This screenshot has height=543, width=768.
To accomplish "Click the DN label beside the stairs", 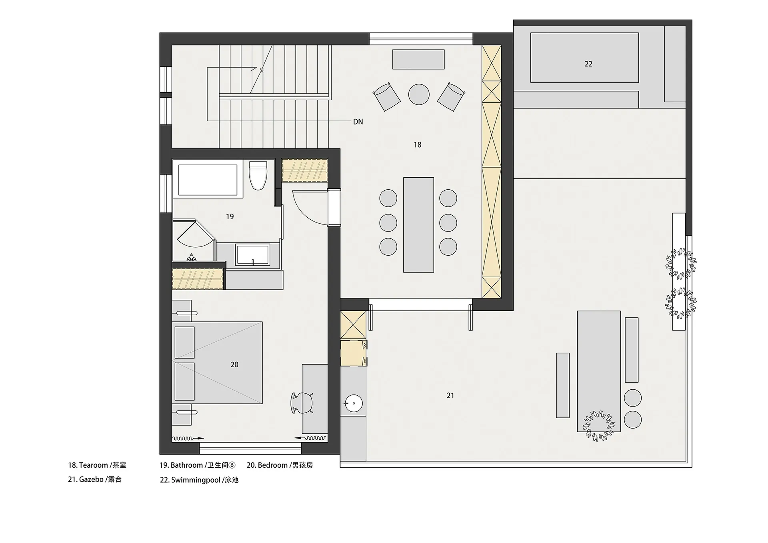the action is click(358, 122).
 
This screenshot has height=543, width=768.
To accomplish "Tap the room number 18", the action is click(417, 145).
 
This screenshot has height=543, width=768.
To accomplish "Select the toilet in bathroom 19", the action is click(258, 175).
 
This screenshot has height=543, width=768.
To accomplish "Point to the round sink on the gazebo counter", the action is click(354, 403).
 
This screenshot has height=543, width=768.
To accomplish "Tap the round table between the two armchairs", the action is click(419, 94).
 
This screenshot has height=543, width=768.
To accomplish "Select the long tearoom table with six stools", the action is click(418, 225).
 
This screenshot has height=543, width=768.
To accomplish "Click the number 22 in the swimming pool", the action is click(588, 64).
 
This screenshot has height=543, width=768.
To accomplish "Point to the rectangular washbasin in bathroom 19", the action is click(252, 254).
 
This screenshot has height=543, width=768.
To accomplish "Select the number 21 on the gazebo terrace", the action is click(450, 396).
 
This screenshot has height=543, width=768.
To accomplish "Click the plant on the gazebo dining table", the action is click(598, 425).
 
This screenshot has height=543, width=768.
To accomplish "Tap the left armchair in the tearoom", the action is click(387, 96).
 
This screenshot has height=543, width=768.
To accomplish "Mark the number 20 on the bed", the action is click(234, 365).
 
